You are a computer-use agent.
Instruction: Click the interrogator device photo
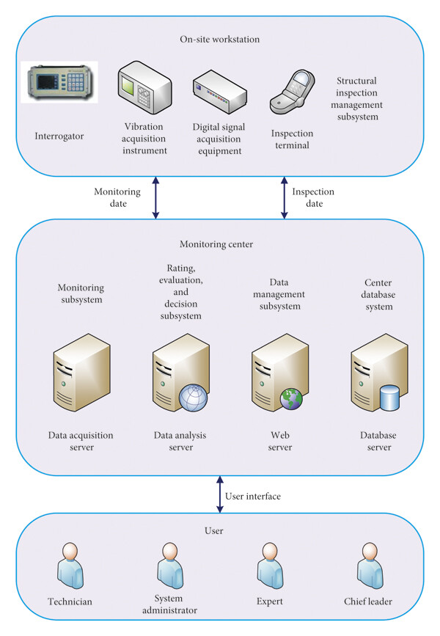59,82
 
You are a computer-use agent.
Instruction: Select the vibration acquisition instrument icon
144,87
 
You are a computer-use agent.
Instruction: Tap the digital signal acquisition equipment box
220,92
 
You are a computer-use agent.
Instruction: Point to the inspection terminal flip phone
293,92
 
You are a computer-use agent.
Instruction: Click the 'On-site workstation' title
220,40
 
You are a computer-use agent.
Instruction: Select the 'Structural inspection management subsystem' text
357,98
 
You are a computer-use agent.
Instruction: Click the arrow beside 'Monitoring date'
155,198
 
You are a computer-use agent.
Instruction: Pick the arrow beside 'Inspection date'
285,198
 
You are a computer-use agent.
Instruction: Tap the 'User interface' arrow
220,494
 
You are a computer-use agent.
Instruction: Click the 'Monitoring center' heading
216,244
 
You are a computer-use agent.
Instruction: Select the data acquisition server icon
82,373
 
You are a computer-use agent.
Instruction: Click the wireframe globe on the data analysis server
193,398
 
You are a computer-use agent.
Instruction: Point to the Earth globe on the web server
292,399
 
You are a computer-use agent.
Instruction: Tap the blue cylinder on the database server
389,398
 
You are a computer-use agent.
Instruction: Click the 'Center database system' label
378,294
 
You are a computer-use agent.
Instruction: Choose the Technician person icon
70,566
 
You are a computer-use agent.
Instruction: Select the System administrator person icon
170,566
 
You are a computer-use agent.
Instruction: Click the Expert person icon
270,566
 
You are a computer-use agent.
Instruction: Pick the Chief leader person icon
370,566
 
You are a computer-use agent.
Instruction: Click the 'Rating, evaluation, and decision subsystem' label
181,292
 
